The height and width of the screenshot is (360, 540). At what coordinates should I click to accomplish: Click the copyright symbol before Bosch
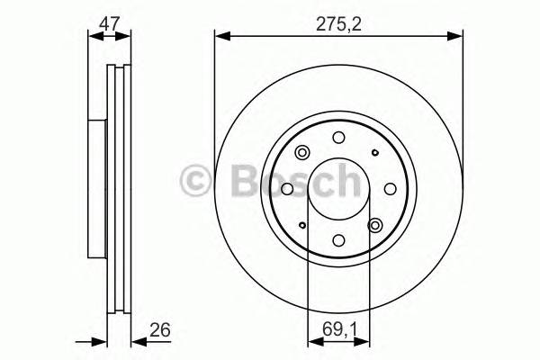(x=196, y=183)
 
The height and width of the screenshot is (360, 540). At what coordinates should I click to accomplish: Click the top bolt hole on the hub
(x=338, y=138)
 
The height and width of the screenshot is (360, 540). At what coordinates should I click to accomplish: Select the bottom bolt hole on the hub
(x=338, y=240)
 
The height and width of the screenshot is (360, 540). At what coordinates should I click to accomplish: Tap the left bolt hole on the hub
(x=287, y=189)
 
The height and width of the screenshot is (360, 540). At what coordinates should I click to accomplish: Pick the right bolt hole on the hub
(x=390, y=189)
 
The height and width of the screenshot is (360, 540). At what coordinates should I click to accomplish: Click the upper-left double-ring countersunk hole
(x=301, y=152)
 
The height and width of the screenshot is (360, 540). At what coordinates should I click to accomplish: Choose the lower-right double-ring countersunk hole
(x=375, y=226)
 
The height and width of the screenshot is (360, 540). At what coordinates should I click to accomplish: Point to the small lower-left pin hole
(x=302, y=225)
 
